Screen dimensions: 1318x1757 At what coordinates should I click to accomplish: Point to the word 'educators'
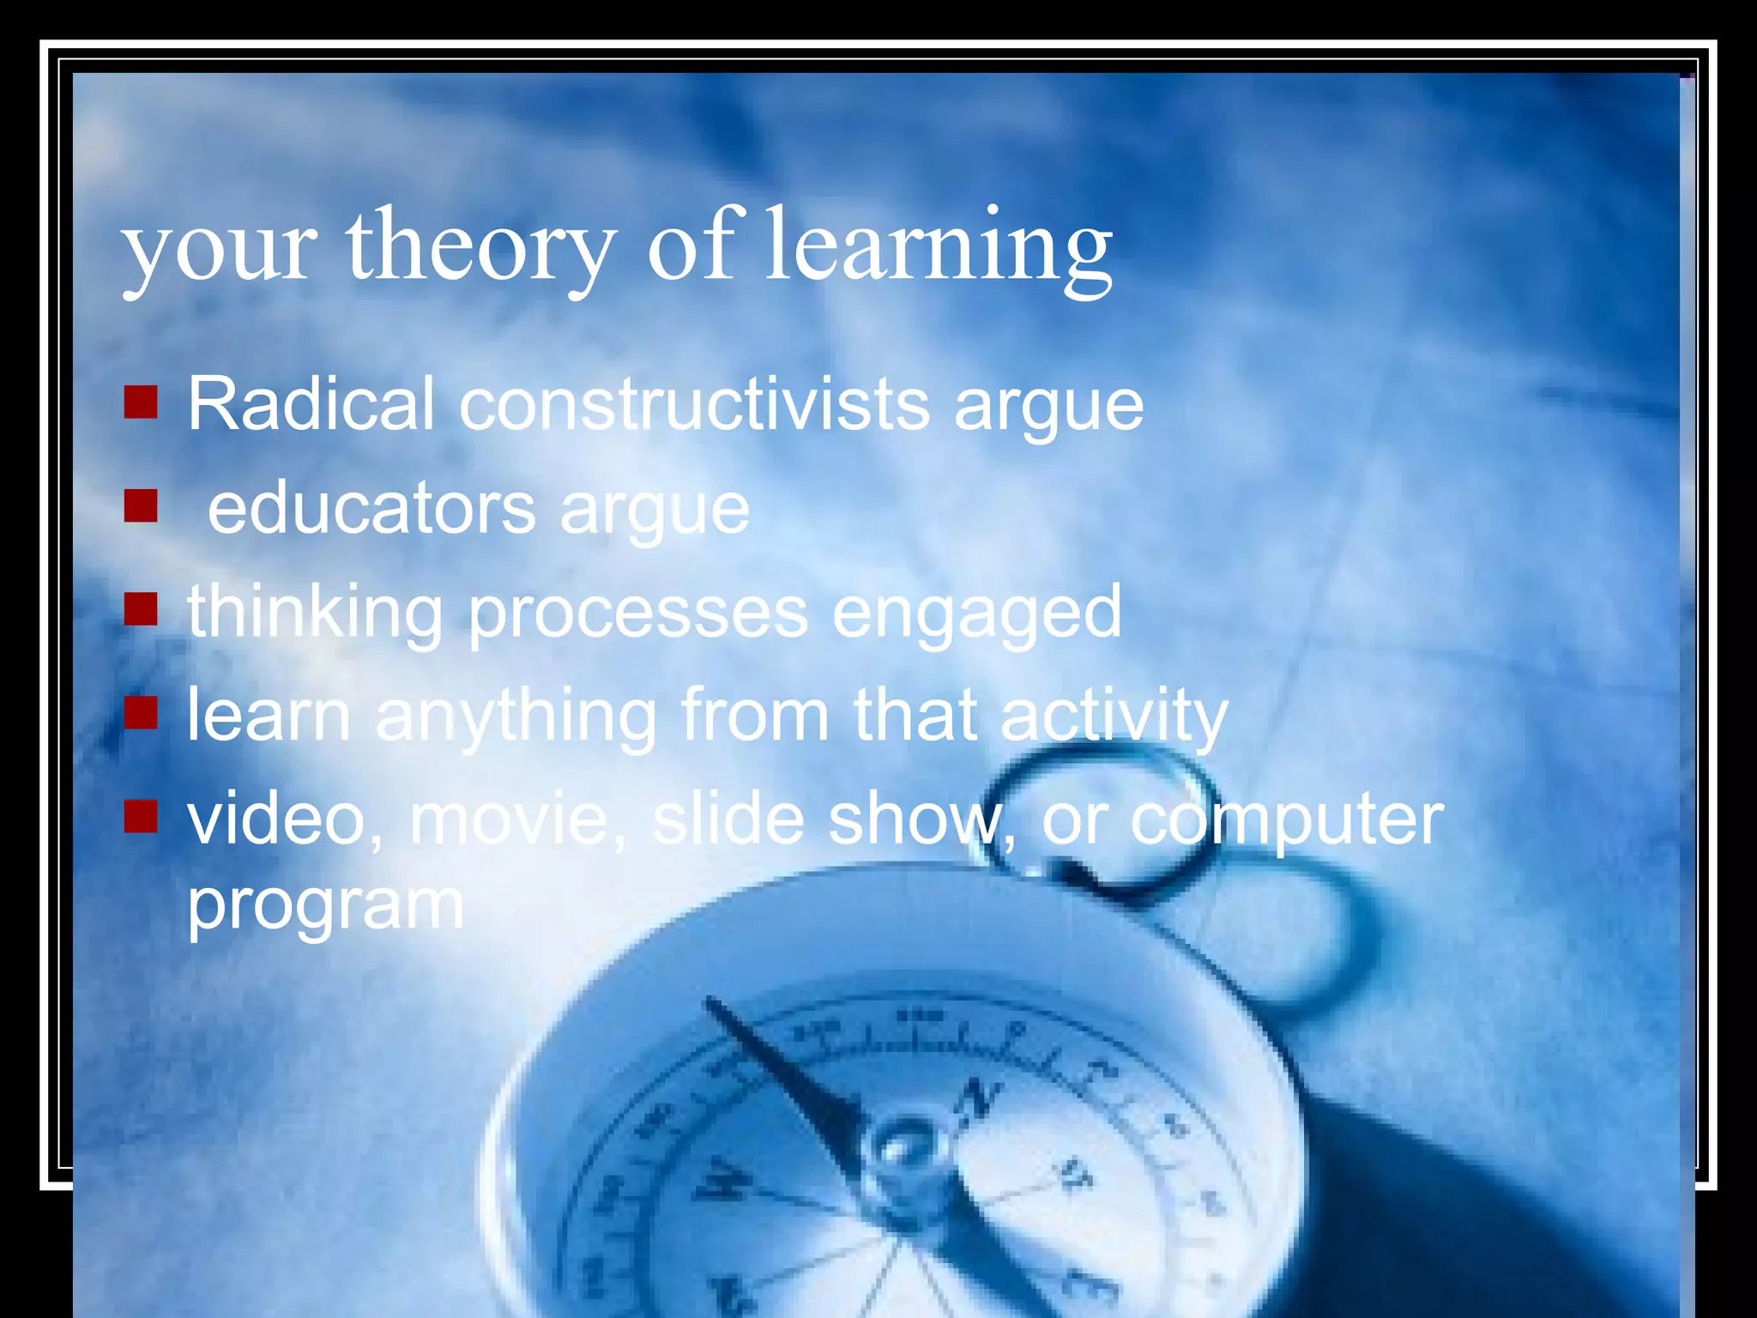pyautogui.click(x=371, y=508)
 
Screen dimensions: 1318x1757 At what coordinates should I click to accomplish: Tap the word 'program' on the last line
pyautogui.click(x=326, y=904)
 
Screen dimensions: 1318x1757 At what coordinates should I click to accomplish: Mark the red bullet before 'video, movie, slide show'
pyautogui.click(x=141, y=817)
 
